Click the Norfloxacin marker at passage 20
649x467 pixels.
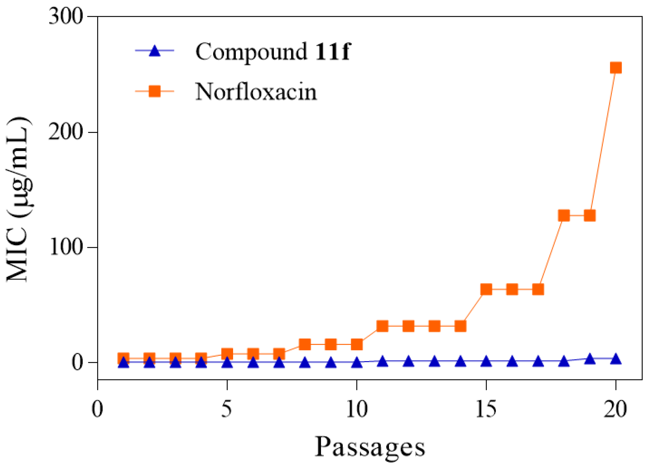616,68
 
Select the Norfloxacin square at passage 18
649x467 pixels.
564,215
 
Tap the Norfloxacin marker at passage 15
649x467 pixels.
486,289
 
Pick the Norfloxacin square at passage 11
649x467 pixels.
382,326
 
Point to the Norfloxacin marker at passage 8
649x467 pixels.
305,344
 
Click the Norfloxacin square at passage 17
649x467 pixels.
538,289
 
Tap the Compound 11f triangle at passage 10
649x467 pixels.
357,363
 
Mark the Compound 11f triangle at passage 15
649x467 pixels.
486,362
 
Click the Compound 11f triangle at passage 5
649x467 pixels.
227,363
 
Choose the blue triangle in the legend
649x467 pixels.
154,51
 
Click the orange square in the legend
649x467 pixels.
154,91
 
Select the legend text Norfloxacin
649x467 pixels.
256,91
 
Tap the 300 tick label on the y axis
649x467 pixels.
65,17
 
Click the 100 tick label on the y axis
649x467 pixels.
66,247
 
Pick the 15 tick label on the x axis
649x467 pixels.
486,409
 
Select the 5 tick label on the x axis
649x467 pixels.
227,409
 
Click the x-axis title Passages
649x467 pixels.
370,447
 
